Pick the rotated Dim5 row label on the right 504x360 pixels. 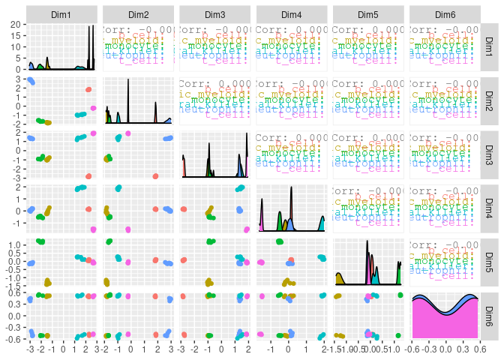click(490, 261)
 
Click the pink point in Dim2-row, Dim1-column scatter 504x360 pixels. click(94, 108)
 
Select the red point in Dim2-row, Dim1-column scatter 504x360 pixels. click(88, 90)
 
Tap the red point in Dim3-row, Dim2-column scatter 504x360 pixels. click(155, 176)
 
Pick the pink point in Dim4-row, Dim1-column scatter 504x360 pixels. click(94, 229)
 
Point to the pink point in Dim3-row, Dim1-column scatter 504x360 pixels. click(94, 133)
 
